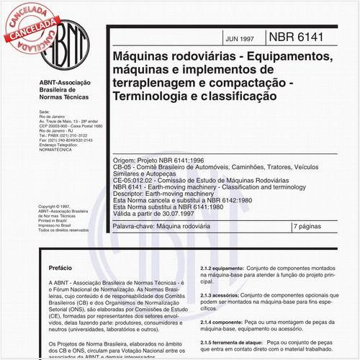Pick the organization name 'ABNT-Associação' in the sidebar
point(63,84)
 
